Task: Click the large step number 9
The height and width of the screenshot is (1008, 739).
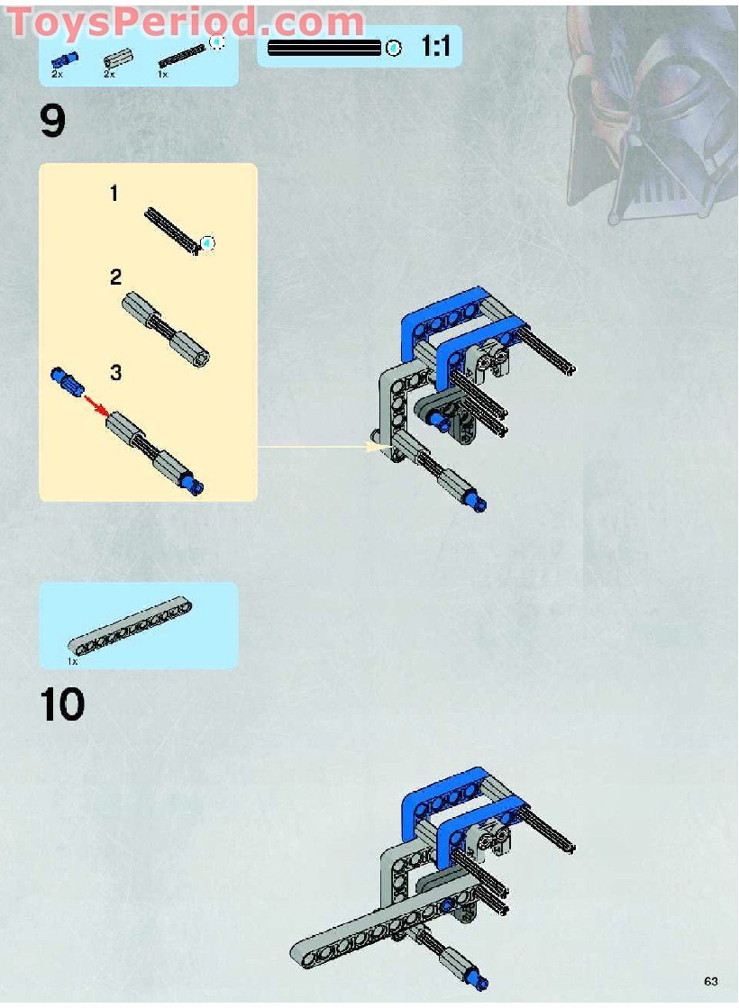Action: [52, 122]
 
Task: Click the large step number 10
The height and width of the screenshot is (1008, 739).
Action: [62, 705]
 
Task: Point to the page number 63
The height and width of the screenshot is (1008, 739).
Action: [711, 981]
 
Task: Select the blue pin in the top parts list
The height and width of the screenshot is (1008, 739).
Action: [64, 59]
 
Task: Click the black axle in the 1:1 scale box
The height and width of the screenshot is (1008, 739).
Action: [324, 48]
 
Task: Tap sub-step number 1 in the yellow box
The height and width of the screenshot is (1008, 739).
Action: [114, 193]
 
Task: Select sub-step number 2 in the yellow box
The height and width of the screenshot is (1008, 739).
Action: [115, 277]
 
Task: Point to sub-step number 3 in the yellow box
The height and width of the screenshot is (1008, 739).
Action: [115, 372]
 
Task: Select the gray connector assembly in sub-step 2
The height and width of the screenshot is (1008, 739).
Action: [166, 328]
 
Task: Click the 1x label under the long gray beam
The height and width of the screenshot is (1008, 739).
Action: [73, 660]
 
